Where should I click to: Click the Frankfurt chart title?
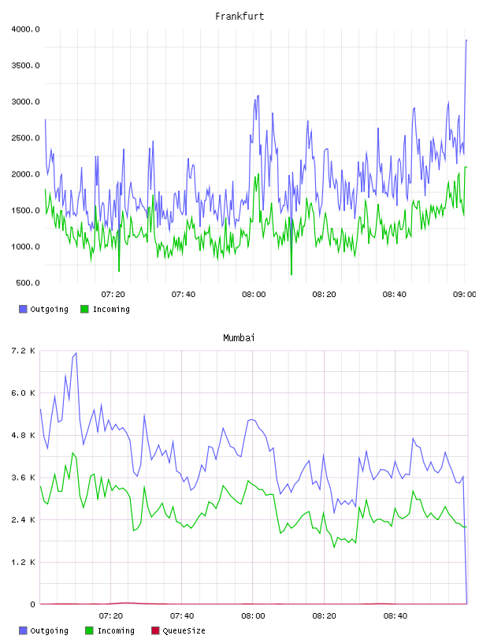coord(239,17)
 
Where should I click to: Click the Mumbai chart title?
coord(239,338)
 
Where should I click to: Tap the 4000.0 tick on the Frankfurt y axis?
coord(25,29)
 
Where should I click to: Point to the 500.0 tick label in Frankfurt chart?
coord(28,283)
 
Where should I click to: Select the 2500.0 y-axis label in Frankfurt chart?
coord(25,138)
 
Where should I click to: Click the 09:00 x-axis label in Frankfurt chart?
coord(464,295)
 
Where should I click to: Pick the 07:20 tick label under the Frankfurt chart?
coord(113,295)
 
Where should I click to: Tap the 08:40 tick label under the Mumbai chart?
coord(395,616)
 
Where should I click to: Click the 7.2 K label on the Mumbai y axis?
coord(23,351)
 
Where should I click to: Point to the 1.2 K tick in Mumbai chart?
coord(23,562)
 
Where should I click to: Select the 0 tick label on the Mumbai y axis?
coord(32,604)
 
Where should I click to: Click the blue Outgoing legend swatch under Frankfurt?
coord(23,309)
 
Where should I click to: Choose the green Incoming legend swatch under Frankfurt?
coord(84,309)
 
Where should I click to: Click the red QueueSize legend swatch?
coord(155,630)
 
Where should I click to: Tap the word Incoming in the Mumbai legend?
coord(116,630)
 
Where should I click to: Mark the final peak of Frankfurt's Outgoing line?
coord(466,40)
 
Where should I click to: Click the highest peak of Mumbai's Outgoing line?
coord(76,353)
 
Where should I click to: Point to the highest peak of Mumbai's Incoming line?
coord(72,453)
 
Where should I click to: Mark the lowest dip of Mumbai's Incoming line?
coord(334,547)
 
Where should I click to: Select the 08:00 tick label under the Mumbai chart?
coord(253,616)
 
